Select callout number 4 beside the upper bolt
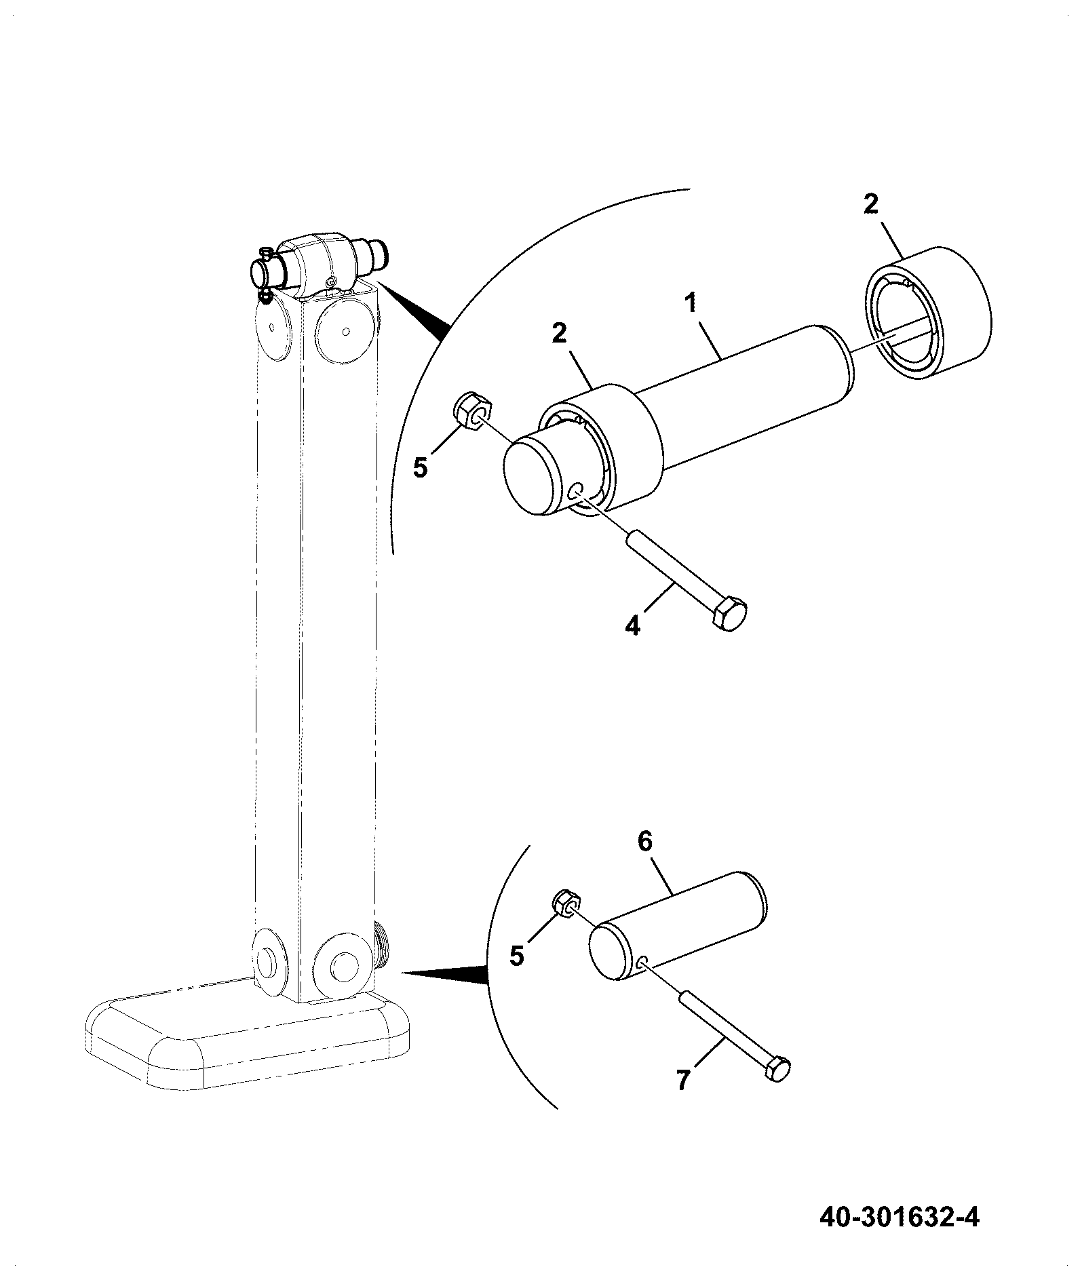pos(632,625)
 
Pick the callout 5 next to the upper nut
pos(421,467)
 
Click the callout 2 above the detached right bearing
pos(870,204)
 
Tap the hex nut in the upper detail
pos(472,412)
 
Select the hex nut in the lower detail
pos(566,902)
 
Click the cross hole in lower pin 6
pos(644,960)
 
